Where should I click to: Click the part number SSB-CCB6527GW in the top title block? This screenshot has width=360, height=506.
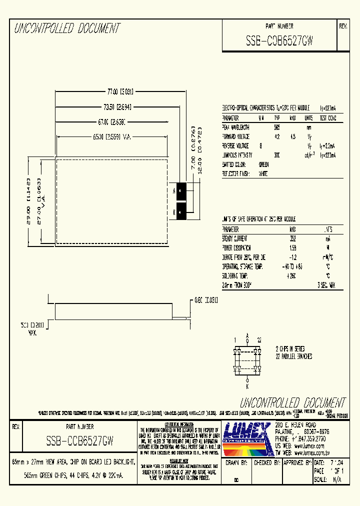[279, 42]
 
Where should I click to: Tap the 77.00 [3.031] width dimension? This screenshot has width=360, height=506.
[120, 91]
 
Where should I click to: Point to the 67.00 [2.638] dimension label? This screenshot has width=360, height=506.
[111, 121]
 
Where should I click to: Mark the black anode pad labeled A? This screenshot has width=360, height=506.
[181, 190]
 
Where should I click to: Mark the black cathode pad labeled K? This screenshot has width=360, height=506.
[181, 211]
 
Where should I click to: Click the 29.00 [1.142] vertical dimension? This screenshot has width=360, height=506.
[28, 201]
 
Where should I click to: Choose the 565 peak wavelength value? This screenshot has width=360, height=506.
[277, 127]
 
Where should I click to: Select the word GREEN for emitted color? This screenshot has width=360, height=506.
[264, 164]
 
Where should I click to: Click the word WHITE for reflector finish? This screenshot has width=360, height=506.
[263, 174]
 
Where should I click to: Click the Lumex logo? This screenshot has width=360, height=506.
[246, 433]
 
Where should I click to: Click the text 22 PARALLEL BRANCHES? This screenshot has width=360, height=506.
[294, 356]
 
